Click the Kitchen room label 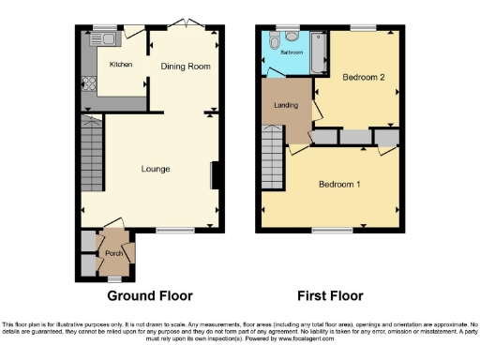coord(121,65)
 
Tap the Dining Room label coord(185,67)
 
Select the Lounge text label coord(156,169)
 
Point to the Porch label coord(113,253)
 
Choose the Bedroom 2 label coord(363,78)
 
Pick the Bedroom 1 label coord(338,184)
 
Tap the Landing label coord(286,105)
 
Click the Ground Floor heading coord(151,295)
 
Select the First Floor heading coord(330,295)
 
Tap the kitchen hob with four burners coord(91,82)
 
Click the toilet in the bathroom coord(274,42)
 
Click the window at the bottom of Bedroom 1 coord(325,230)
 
